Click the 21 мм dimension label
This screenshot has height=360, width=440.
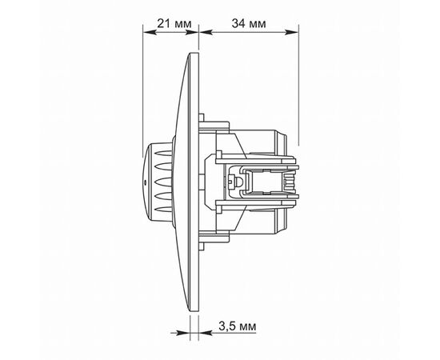174,23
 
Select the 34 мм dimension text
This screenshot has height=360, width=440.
249,23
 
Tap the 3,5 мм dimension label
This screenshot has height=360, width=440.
237,326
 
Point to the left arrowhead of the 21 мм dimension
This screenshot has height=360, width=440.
150,32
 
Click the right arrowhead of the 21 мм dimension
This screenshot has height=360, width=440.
192,32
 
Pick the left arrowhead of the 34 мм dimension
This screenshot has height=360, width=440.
206,32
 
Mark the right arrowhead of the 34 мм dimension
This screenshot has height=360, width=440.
292,32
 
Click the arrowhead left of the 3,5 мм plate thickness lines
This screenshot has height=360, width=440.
183,333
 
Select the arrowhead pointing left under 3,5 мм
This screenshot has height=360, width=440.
206,333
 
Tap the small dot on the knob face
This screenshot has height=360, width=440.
145,182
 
